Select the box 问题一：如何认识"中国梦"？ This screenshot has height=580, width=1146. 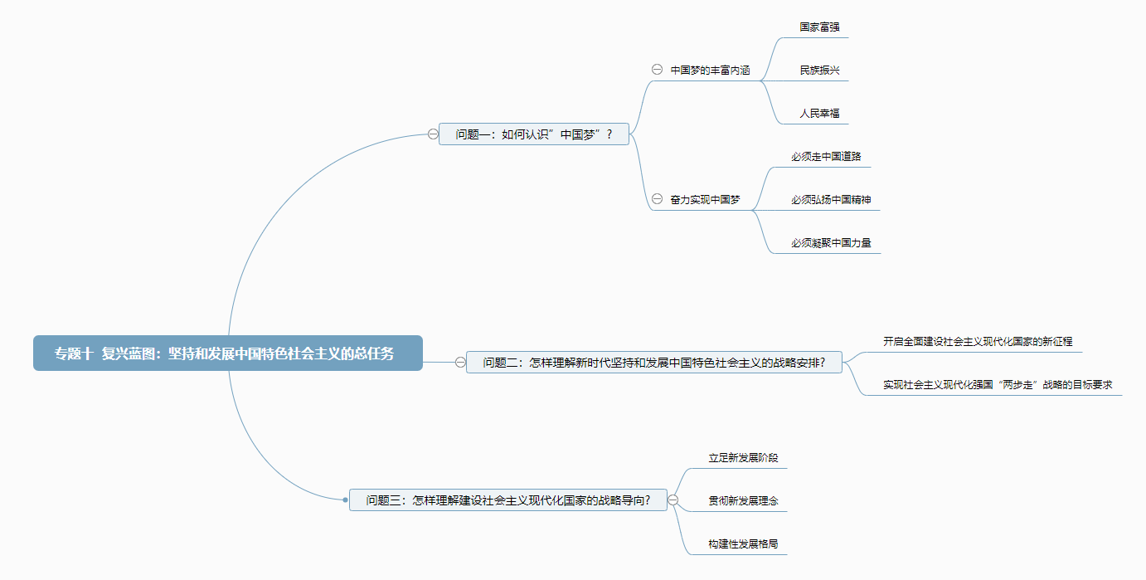coord(534,134)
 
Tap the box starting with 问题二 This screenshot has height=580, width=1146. coord(653,363)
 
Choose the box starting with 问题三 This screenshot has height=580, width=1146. coord(507,500)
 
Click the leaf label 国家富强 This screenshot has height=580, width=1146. coord(819,27)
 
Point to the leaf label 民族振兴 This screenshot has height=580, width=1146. coord(819,70)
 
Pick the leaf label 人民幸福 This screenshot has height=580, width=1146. coord(819,113)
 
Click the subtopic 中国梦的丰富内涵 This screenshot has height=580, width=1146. coord(710,70)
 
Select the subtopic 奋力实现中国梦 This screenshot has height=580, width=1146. coord(705,199)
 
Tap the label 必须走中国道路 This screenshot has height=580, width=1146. coord(831,156)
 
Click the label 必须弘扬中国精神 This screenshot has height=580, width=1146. coord(831,199)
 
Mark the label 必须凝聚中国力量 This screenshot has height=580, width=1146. coord(831,242)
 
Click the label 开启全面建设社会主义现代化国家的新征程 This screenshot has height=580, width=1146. coord(978,341)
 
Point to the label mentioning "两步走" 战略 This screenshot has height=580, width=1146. coord(997,384)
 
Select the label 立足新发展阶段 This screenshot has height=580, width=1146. coord(743,457)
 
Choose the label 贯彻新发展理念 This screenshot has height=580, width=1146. coord(743,500)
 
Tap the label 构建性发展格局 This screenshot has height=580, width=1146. coord(743,543)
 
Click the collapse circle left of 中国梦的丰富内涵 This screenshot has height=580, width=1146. coord(657,70)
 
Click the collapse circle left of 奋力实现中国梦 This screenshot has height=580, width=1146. coord(657,199)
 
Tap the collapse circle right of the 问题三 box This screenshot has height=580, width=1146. coord(673,500)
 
